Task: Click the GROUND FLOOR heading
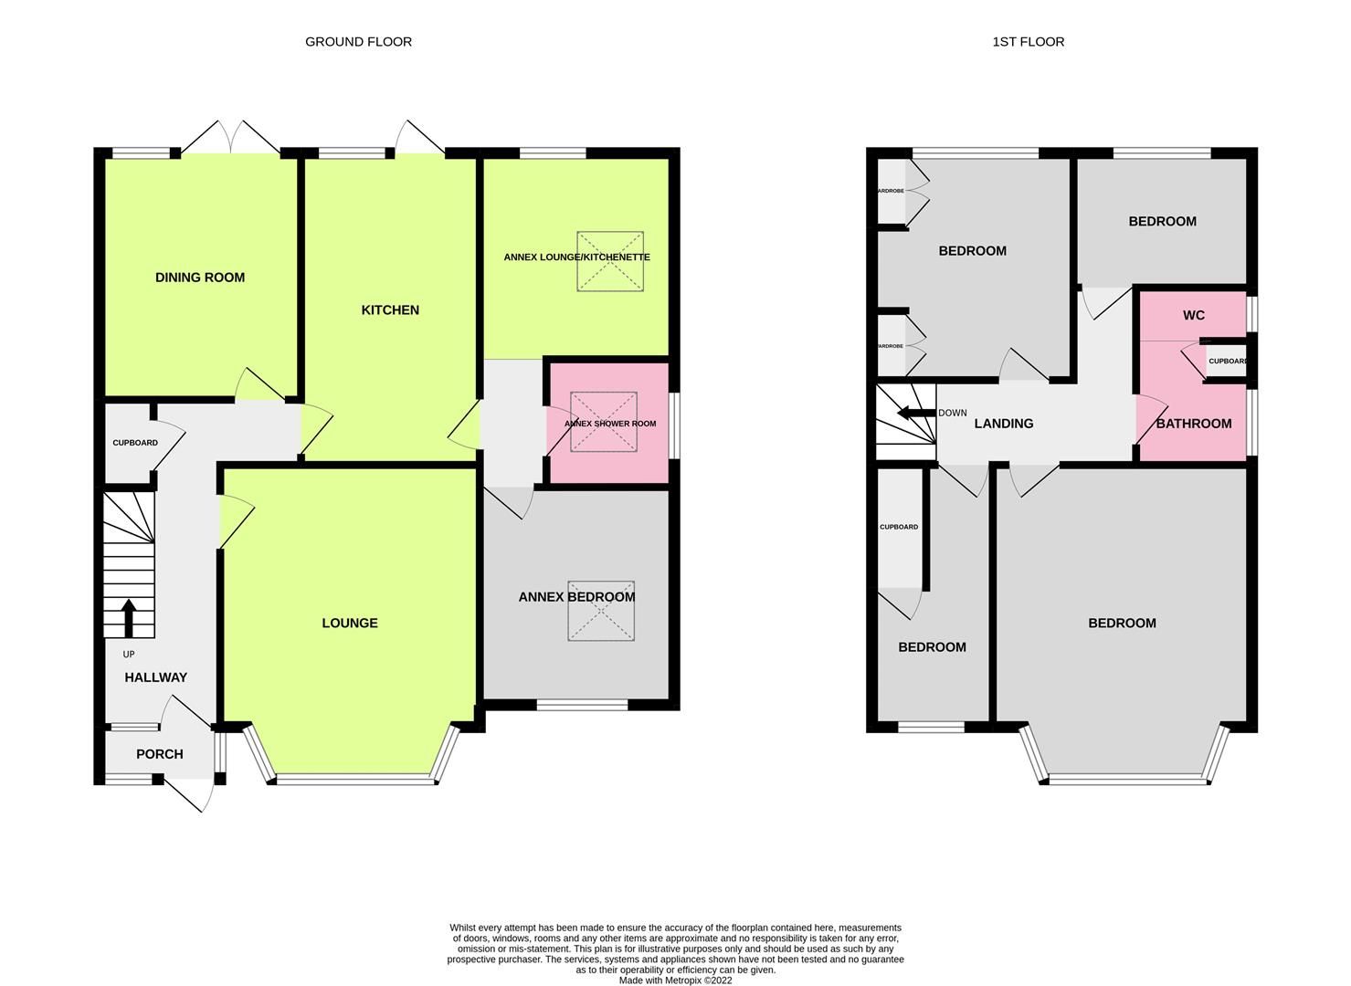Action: pos(358,42)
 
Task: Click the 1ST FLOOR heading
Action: pos(1028,42)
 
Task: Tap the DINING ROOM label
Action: pos(200,278)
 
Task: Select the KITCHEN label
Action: pos(390,310)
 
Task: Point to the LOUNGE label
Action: pos(349,624)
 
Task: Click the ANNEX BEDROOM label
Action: pos(576,597)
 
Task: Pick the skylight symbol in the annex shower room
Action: pos(603,422)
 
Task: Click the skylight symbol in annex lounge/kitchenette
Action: pos(609,262)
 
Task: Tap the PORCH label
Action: pos(160,754)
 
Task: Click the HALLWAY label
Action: pos(156,677)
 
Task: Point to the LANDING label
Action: pos(1003,424)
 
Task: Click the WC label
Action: pos(1193,316)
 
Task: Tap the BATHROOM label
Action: pos(1193,424)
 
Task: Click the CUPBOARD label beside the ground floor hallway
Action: pos(135,443)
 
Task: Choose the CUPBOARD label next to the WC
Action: pos(1228,362)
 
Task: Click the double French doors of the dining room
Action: pos(231,139)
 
